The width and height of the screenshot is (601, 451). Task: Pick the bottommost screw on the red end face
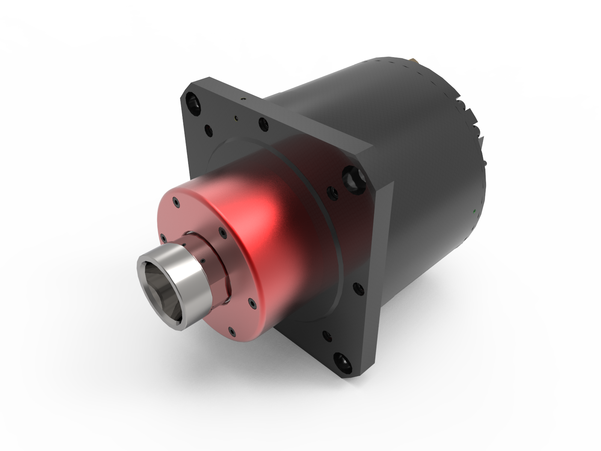[232, 331]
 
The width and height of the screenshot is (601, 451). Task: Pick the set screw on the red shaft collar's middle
[203, 260]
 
